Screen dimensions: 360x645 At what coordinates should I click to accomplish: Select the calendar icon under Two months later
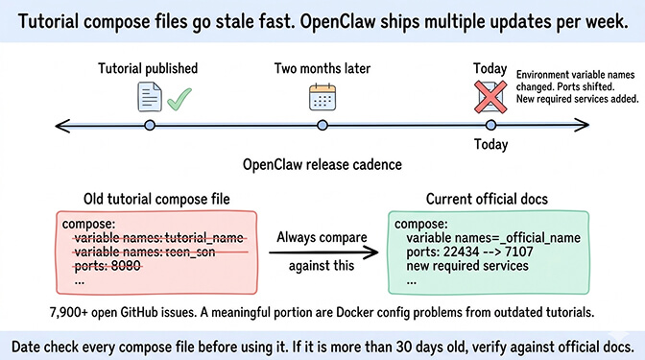point(322,97)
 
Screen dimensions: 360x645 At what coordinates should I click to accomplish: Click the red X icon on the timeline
point(490,97)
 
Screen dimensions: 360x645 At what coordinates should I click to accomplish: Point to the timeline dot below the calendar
point(322,125)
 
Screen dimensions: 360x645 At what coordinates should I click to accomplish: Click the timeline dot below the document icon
point(149,125)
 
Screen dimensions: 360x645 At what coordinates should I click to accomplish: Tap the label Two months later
point(322,68)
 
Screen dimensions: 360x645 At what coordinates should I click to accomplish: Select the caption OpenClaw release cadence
point(322,164)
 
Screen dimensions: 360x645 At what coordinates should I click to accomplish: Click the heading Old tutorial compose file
point(153,199)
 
